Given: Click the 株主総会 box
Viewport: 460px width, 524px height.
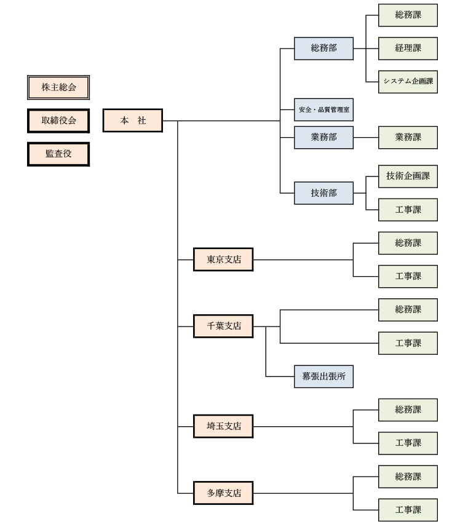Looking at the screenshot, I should click(x=58, y=87).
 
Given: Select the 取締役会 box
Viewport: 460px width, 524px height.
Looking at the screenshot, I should click(x=58, y=121).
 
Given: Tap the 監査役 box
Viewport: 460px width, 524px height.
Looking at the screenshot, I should click(x=58, y=154).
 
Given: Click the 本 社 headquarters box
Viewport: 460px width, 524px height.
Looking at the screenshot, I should click(x=133, y=121).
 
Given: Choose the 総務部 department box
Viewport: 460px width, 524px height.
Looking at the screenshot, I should click(x=323, y=48).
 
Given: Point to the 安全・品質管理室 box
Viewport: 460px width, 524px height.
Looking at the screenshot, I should click(x=323, y=109).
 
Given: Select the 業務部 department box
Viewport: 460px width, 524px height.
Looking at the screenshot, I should click(x=323, y=137).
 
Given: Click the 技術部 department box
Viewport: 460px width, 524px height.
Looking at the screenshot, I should click(x=323, y=193).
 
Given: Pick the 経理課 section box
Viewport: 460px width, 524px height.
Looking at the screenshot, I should click(x=408, y=48).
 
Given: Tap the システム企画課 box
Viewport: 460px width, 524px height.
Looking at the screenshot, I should click(x=408, y=81).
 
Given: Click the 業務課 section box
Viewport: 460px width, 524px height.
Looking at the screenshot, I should click(x=408, y=137).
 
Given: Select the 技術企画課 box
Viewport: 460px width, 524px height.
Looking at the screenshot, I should click(x=408, y=177).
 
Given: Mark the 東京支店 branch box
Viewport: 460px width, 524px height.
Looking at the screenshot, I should click(x=223, y=260).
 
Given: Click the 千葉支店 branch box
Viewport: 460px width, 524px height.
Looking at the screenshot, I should click(x=223, y=326).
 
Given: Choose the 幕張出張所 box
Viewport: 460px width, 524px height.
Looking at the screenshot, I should click(x=323, y=376).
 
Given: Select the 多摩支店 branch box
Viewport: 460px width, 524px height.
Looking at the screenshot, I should click(x=223, y=493).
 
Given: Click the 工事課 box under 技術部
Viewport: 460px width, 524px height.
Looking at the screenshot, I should click(x=408, y=210).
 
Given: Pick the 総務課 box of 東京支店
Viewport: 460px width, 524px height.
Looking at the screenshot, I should click(x=408, y=243).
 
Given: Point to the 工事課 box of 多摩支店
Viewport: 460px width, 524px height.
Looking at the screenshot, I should click(x=408, y=510).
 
